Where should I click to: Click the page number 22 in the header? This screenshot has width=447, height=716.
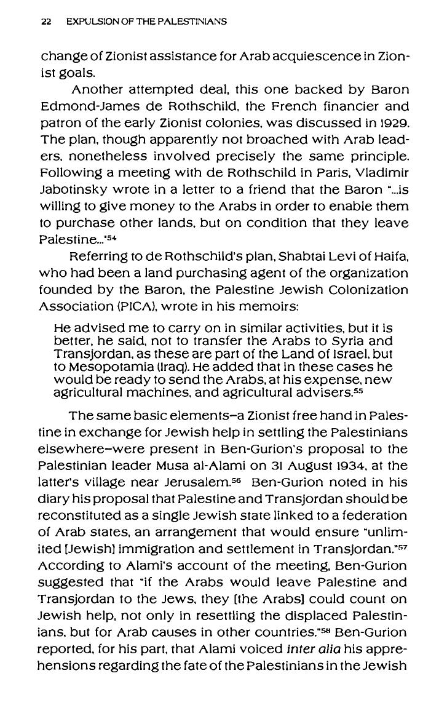click(45, 22)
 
